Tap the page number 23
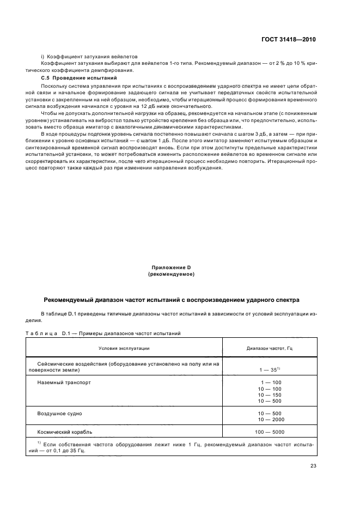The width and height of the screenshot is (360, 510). (x=313, y=465)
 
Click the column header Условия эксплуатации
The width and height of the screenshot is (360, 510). (x=124, y=347)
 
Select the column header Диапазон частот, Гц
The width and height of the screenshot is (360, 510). (x=270, y=347)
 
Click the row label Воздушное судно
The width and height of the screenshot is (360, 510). (x=59, y=414)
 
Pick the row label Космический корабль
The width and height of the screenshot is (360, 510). (x=64, y=432)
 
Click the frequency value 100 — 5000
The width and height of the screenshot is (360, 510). (x=269, y=432)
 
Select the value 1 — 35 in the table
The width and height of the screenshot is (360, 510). (x=269, y=369)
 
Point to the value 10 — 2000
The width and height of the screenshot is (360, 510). (x=269, y=420)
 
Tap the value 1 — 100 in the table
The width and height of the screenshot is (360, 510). (x=269, y=382)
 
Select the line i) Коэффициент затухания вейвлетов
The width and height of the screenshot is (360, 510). (x=90, y=56)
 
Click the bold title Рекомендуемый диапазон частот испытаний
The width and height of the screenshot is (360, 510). (x=171, y=300)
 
